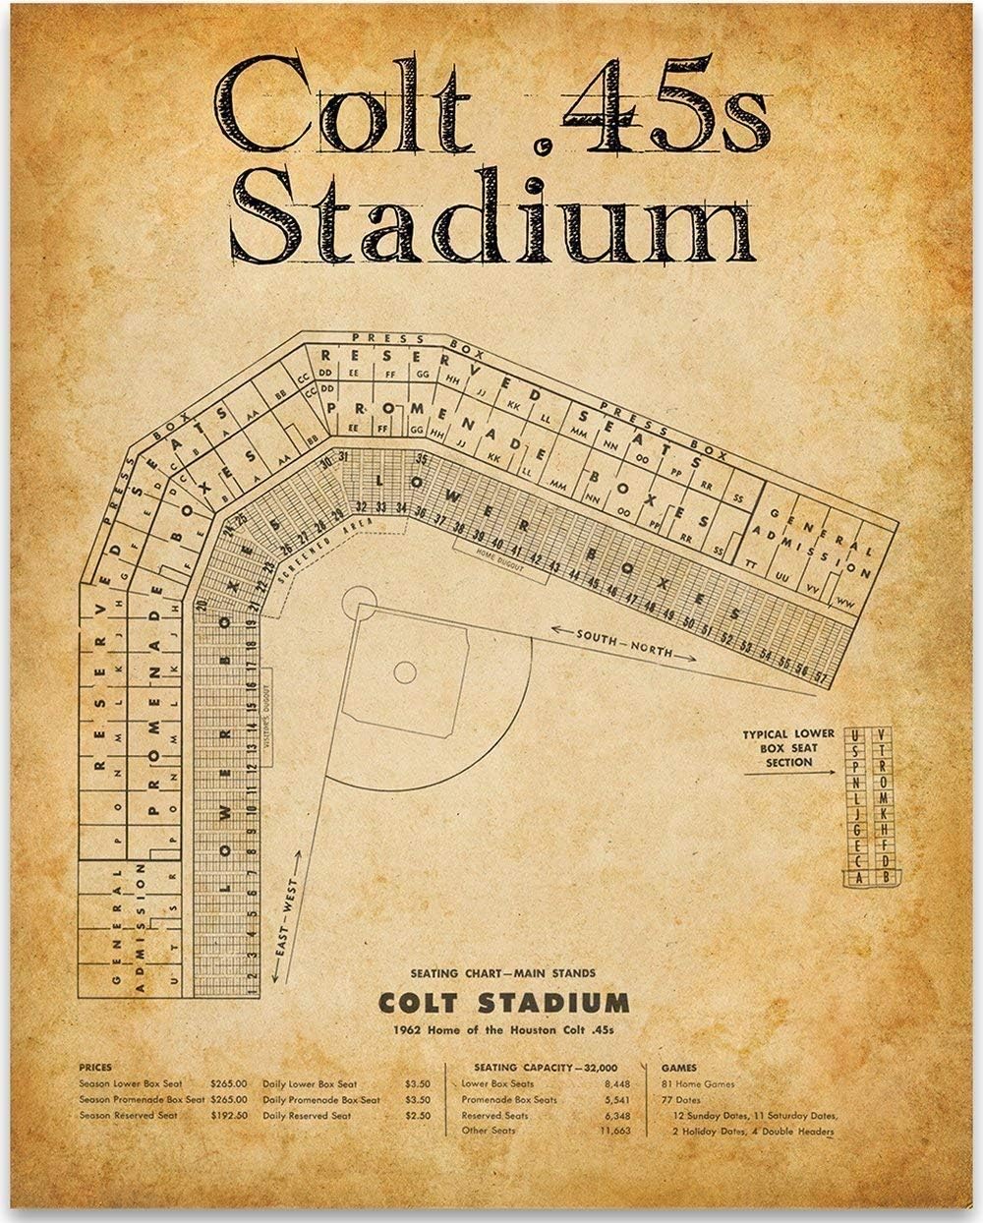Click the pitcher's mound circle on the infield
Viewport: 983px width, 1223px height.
point(405,672)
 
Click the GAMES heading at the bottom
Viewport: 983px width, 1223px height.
point(678,1067)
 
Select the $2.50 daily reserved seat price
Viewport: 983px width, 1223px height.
point(419,1116)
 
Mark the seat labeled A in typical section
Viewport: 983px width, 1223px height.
point(857,876)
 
